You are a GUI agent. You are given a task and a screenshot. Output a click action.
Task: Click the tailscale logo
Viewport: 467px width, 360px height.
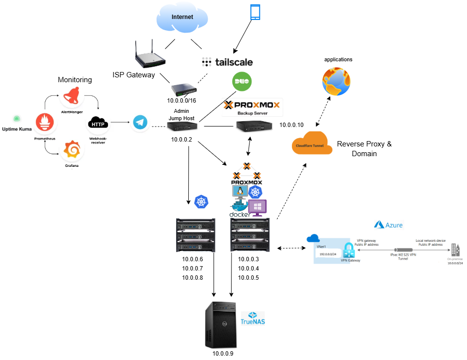[x=227, y=62]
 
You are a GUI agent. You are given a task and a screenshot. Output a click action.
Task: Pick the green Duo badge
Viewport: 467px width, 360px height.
[x=242, y=81]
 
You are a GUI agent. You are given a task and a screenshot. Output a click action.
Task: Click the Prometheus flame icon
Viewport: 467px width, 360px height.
[x=45, y=122]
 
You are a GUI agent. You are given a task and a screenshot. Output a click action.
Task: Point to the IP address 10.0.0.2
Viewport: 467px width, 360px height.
[x=181, y=139]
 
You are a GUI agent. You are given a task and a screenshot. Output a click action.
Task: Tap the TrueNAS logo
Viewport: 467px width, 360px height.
[x=252, y=319]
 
